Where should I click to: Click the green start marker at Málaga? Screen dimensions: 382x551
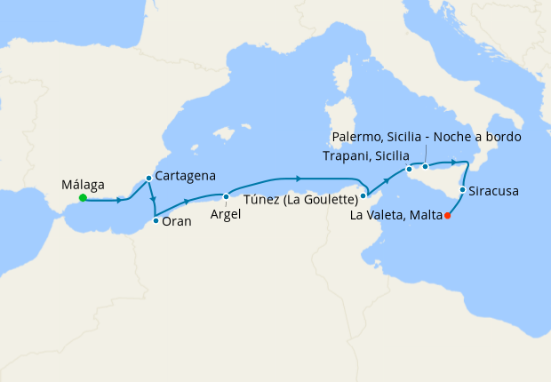(x=83, y=198)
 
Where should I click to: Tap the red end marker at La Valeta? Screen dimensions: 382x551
(x=447, y=215)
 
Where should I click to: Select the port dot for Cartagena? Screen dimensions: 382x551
(x=148, y=178)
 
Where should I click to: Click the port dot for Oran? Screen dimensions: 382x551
(x=156, y=220)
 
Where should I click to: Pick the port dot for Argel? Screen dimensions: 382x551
(x=227, y=196)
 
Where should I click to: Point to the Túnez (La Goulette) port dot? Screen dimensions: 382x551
(x=364, y=195)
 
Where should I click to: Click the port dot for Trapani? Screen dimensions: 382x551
(x=409, y=169)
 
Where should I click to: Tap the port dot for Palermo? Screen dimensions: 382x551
(x=426, y=166)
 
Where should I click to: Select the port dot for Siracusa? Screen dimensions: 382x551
(x=462, y=189)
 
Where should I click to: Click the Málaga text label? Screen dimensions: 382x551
(x=84, y=185)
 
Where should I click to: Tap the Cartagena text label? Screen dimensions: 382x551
(x=185, y=177)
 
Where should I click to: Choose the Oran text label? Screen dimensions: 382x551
(x=177, y=221)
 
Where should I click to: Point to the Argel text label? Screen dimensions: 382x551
(x=226, y=214)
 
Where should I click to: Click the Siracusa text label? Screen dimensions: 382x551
(x=495, y=191)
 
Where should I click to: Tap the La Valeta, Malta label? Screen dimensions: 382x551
(x=396, y=215)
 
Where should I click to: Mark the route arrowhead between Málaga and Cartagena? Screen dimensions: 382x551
(x=119, y=200)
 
